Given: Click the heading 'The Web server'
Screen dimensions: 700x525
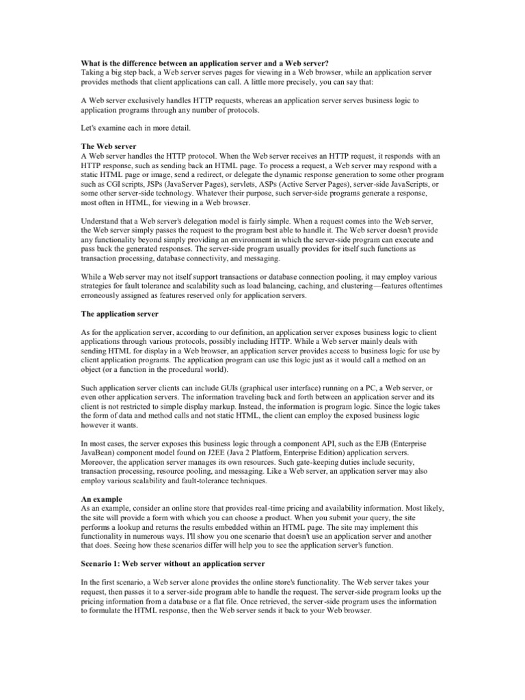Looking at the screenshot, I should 108,147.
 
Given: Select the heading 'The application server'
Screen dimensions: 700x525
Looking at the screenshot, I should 120,314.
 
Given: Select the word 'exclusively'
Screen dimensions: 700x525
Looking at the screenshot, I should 145,100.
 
